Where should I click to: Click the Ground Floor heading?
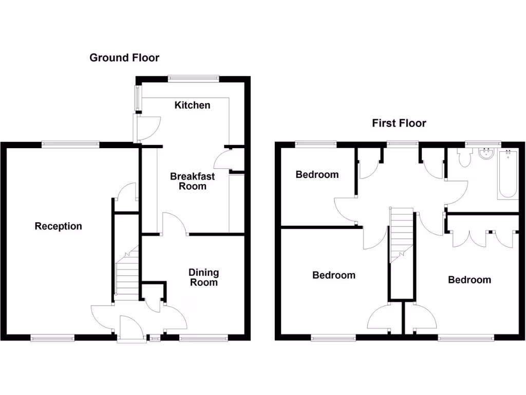[x=124, y=58]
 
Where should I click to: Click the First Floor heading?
[x=399, y=123]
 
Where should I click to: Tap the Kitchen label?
[x=193, y=105]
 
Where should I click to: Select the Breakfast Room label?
[x=193, y=181]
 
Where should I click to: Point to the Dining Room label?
[x=203, y=277]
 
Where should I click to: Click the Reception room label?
[x=58, y=226]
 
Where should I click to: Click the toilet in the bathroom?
[x=465, y=157]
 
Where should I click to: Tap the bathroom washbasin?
[x=485, y=153]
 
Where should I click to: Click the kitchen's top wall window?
[x=194, y=79]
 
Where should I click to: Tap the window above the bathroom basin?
[x=483, y=143]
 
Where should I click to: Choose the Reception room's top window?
[x=70, y=145]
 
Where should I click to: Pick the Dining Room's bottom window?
[x=203, y=338]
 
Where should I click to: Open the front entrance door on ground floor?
[x=127, y=329]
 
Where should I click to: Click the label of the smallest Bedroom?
[x=317, y=175]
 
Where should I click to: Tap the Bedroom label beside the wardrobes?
[x=469, y=280]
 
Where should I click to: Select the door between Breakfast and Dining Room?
[x=175, y=225]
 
